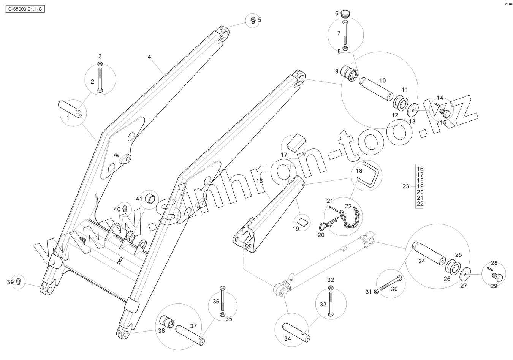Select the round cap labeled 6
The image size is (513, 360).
point(345,14)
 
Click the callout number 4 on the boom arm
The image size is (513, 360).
point(149,57)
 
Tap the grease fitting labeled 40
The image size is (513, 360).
point(124,208)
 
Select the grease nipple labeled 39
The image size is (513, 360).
point(19,281)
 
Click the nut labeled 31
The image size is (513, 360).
point(375,291)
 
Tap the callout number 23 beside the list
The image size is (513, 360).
point(406,186)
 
